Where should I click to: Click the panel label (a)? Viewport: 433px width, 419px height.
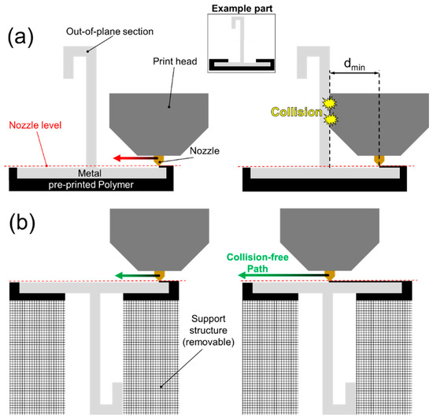point(25,37)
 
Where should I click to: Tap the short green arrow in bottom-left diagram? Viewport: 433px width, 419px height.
point(134,276)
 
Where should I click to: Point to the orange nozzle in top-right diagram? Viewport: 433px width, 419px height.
point(379,161)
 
